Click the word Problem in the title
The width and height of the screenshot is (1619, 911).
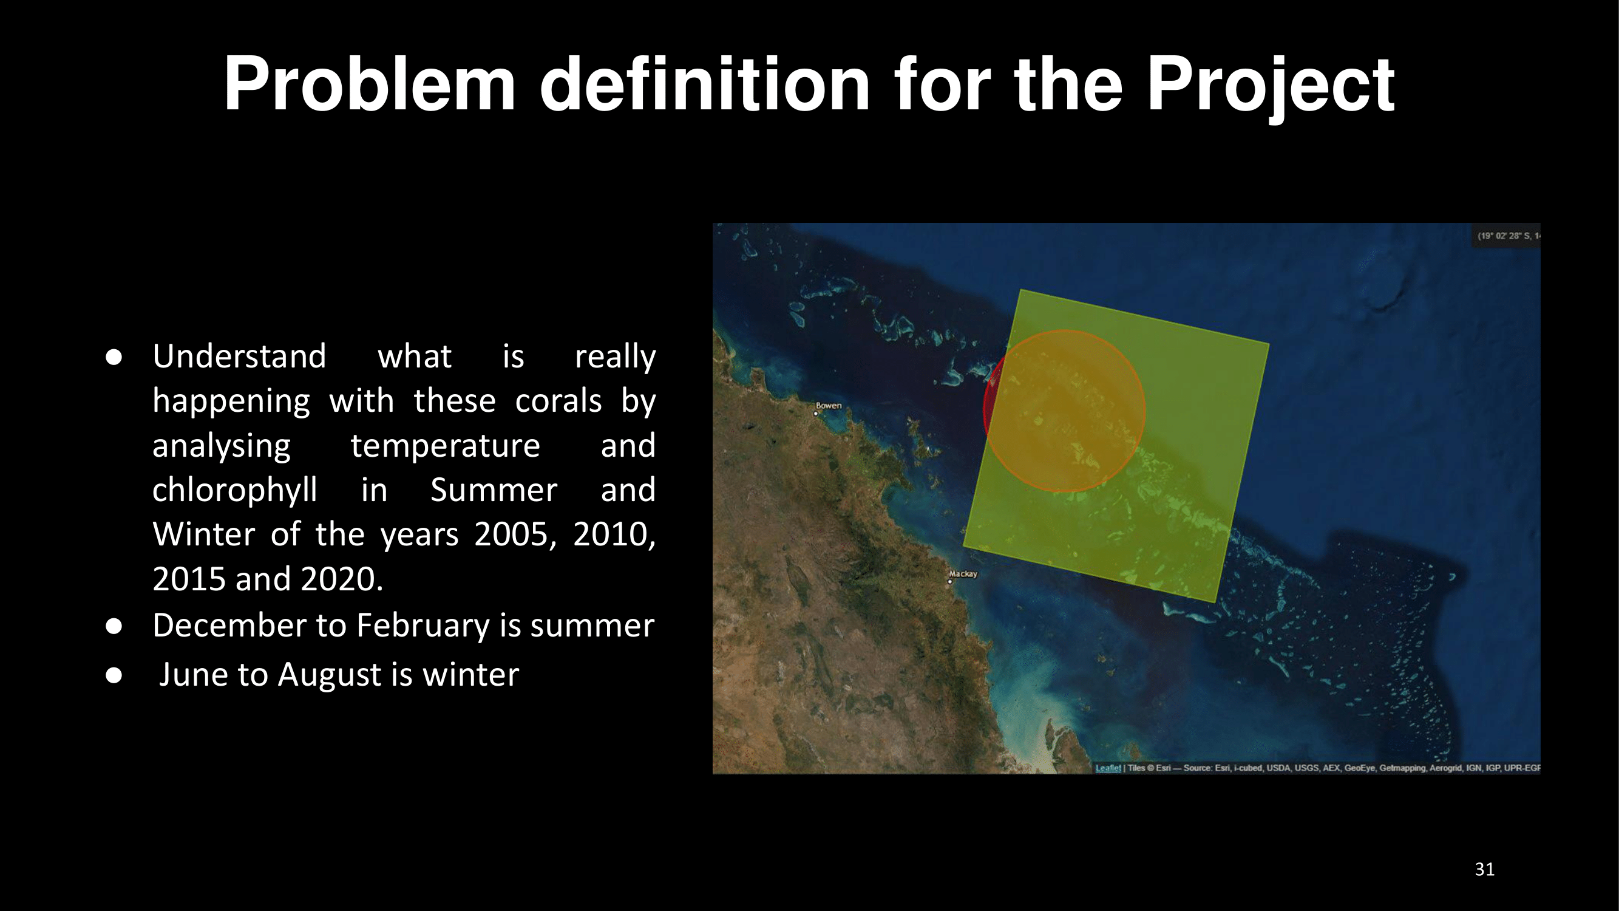(x=370, y=84)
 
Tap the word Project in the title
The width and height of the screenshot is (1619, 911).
(x=1270, y=88)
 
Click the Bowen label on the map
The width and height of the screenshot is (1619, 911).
(x=829, y=406)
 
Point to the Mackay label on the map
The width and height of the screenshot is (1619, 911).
(x=963, y=574)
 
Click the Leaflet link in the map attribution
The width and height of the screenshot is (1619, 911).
(x=1108, y=768)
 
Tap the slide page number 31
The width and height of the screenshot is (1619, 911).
(x=1484, y=869)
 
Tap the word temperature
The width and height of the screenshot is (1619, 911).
(x=445, y=446)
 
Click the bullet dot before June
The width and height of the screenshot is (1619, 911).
(x=114, y=675)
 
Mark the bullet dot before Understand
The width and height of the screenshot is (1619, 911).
(x=114, y=357)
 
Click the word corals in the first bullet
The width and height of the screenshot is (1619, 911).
(x=558, y=401)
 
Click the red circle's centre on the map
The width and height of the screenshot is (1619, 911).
(x=1064, y=411)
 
